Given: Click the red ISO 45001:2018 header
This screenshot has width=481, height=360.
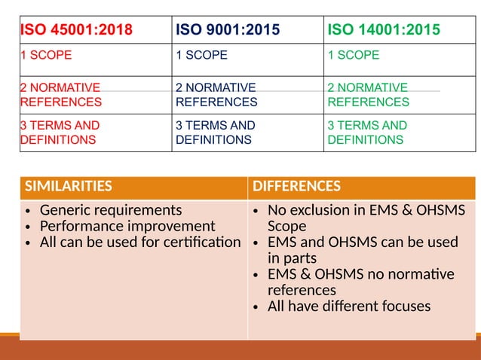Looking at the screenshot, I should [76, 31].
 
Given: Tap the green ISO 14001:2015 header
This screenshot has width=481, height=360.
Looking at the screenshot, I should [384, 31].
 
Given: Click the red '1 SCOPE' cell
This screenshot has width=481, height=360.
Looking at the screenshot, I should [46, 56].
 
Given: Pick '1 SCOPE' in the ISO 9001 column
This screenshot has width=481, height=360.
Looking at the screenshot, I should [201, 56].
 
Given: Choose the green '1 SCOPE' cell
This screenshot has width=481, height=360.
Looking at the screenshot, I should [354, 56].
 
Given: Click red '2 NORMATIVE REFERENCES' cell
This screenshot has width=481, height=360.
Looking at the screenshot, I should [60, 95].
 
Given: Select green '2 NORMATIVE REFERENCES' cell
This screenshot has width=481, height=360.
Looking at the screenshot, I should [368, 95].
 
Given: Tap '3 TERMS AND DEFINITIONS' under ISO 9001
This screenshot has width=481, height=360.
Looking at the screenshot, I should [215, 133].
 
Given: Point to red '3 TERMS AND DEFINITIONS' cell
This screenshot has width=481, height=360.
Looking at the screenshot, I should [60, 133].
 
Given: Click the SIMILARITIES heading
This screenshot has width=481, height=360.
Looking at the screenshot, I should [68, 187].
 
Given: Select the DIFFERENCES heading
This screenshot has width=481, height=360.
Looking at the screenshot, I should [296, 187].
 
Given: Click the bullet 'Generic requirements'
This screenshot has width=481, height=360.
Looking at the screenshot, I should [111, 210].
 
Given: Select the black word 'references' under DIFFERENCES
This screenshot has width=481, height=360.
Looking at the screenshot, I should [302, 290].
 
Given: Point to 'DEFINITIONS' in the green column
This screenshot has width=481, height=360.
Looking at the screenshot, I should [366, 140].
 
